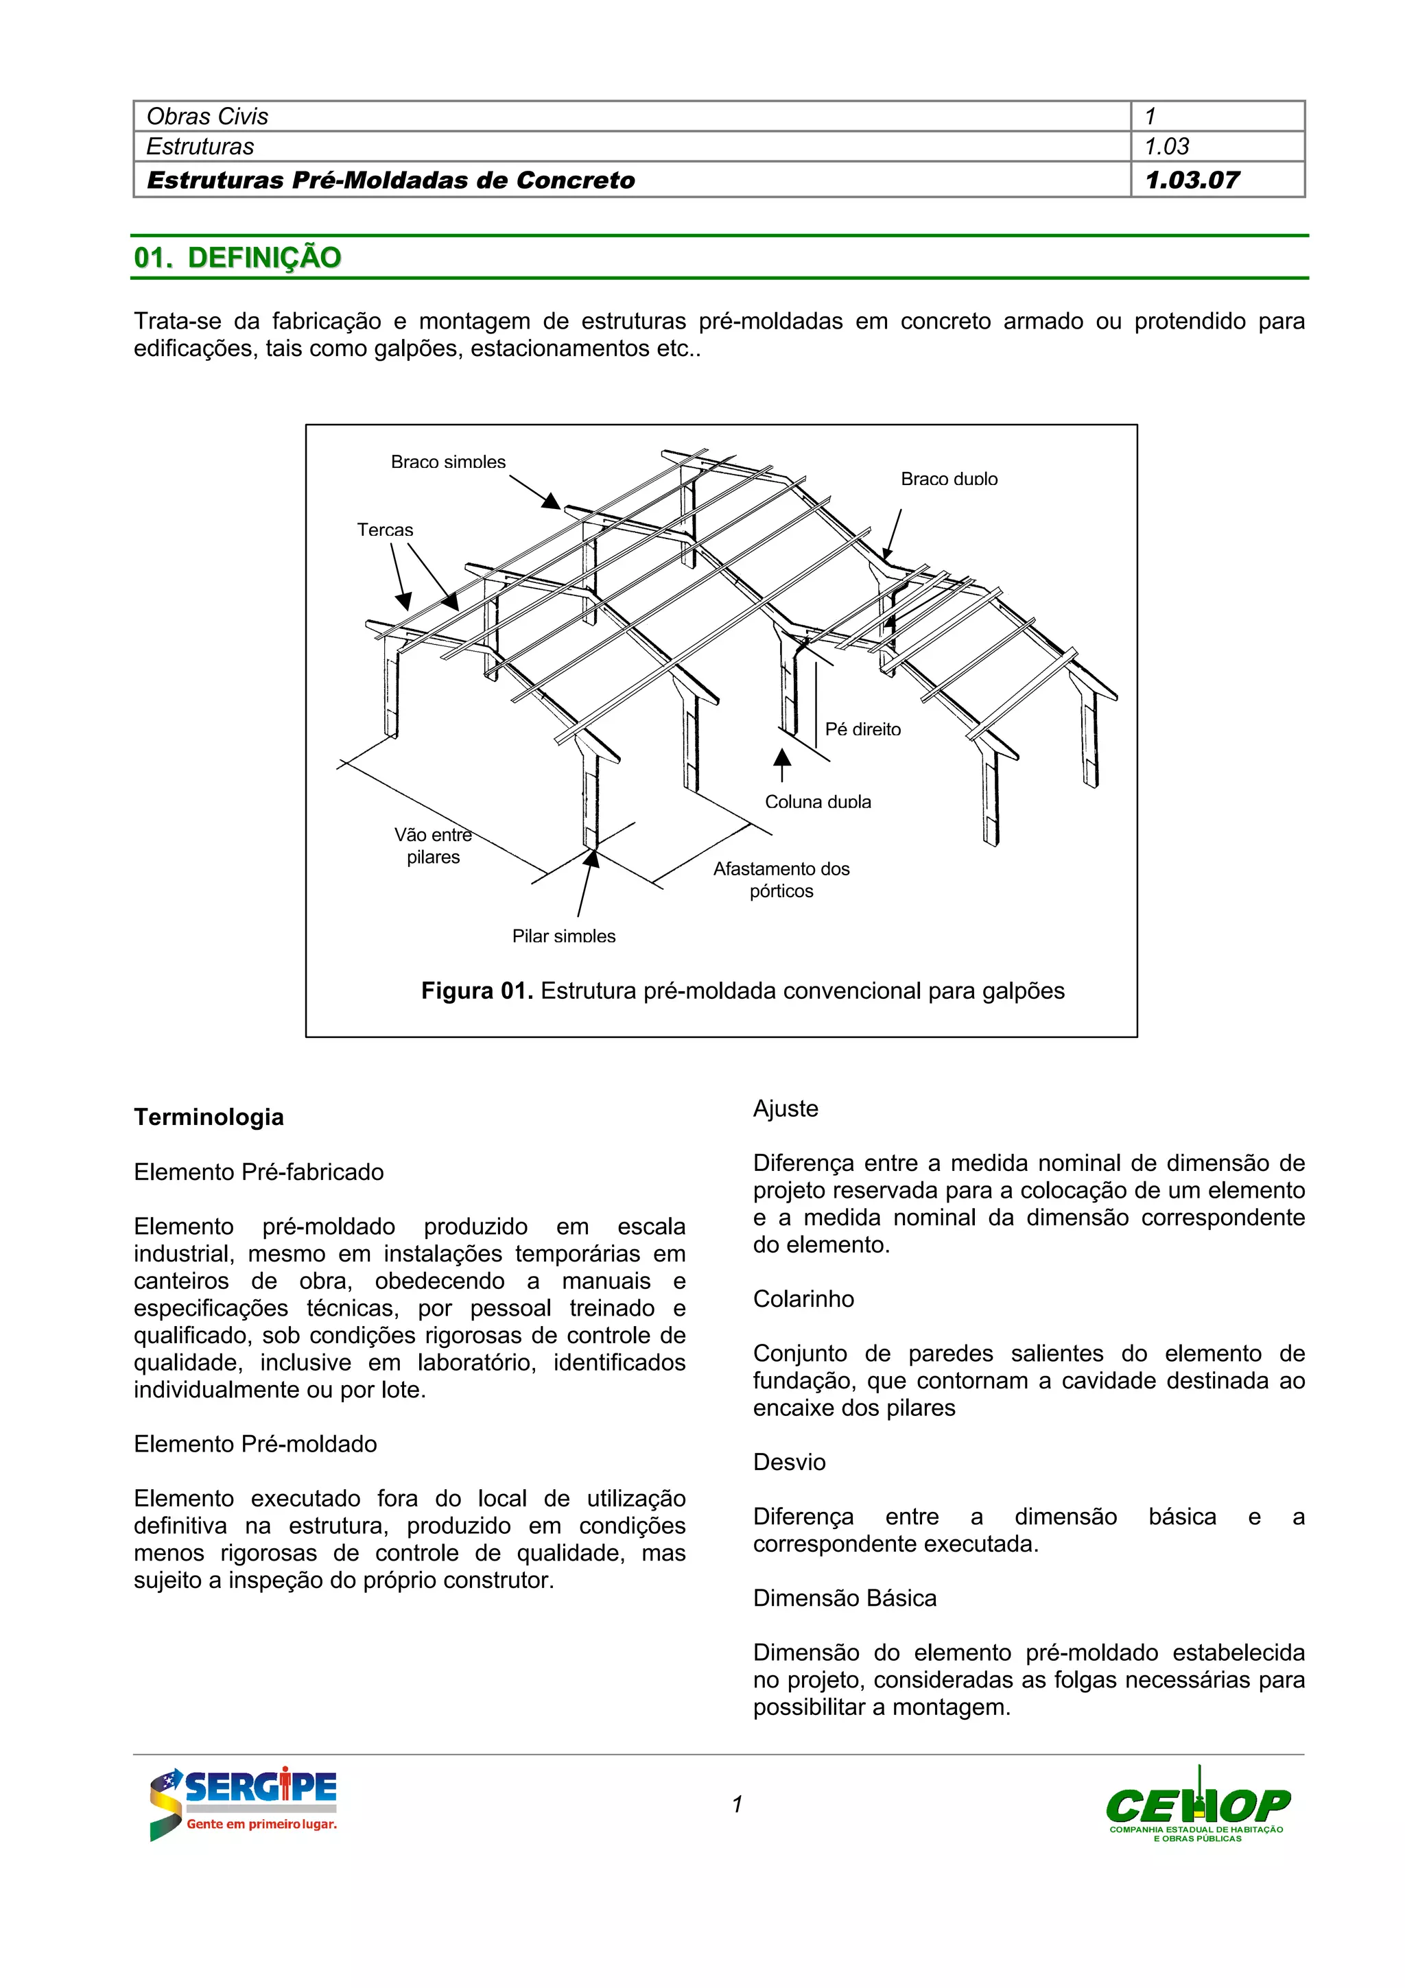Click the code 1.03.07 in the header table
click(1192, 180)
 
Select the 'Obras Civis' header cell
click(208, 116)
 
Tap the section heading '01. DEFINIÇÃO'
click(237, 257)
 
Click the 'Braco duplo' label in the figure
click(949, 479)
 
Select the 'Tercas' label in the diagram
click(386, 529)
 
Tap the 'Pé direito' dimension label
click(862, 729)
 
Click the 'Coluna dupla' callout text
click(817, 802)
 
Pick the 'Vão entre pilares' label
click(433, 846)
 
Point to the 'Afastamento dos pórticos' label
click(781, 879)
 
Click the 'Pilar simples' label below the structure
click(563, 936)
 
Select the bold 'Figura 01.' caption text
click(476, 991)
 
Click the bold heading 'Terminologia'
click(209, 1117)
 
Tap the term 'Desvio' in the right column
click(789, 1463)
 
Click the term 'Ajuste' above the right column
click(786, 1109)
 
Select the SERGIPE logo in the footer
click(244, 1803)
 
